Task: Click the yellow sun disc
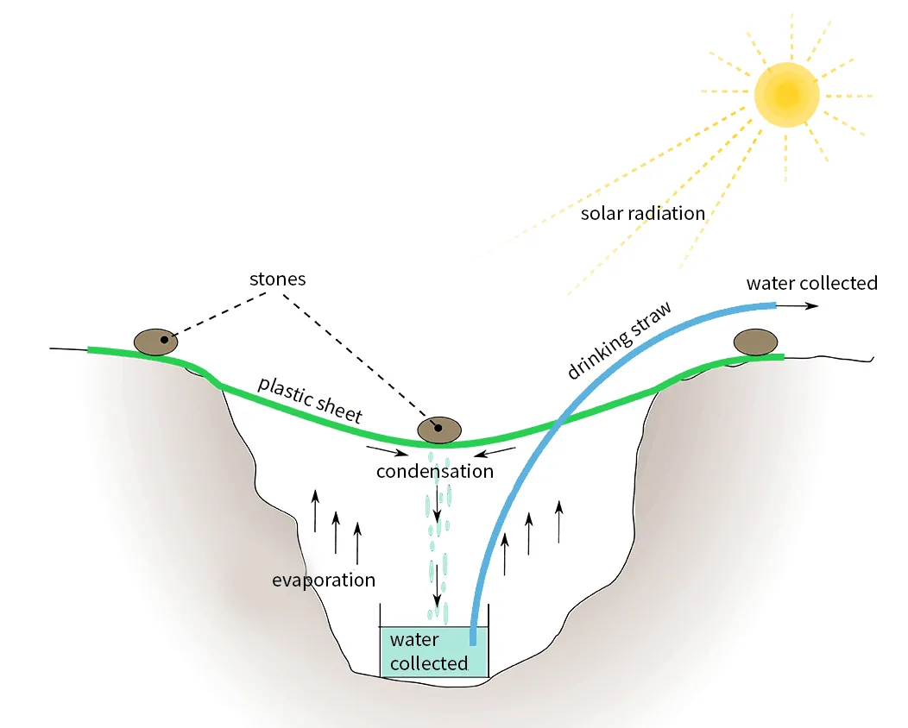tap(785, 93)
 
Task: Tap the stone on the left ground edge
tap(155, 342)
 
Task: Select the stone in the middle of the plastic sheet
tap(439, 429)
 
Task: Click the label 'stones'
tap(277, 279)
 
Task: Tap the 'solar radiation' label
tap(642, 213)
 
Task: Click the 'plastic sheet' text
tap(310, 399)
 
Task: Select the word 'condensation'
tap(434, 471)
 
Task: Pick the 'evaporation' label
tap(324, 580)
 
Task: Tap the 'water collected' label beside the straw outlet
tap(811, 283)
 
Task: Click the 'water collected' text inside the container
tap(428, 652)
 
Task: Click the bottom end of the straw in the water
tap(472, 640)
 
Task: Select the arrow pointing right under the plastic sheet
tap(384, 450)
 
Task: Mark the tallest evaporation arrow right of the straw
tap(559, 521)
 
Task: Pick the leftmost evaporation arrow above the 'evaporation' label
tap(315, 510)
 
